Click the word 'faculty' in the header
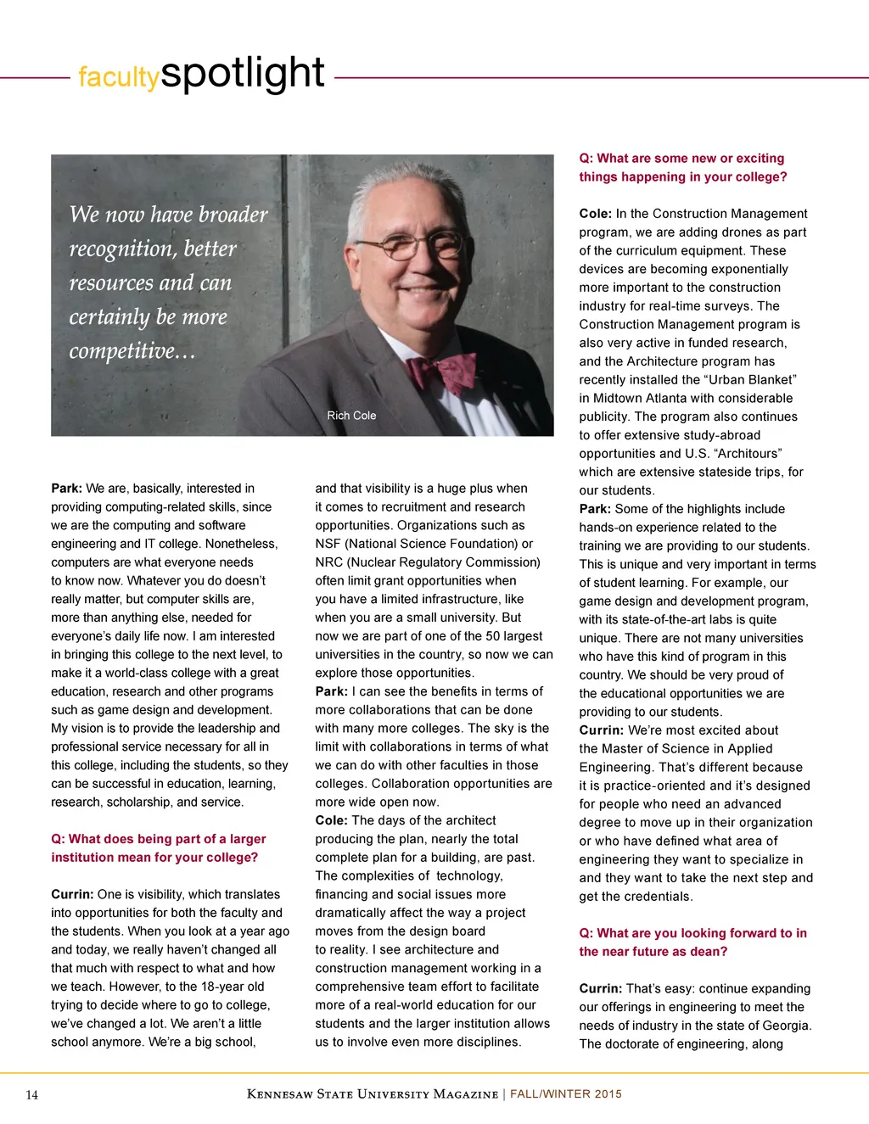(x=118, y=77)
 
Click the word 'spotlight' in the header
(x=243, y=74)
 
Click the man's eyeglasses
(x=411, y=246)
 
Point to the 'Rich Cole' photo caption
(x=351, y=416)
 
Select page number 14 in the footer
(x=32, y=1095)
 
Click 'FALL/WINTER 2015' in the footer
(x=566, y=1094)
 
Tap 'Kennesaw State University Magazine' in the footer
(x=372, y=1094)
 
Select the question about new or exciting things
(x=682, y=168)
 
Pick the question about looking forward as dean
(x=692, y=942)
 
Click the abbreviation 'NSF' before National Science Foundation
(x=328, y=544)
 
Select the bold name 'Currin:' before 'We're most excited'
(x=602, y=730)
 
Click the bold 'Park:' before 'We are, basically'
(x=66, y=489)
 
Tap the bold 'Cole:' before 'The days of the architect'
(x=331, y=821)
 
